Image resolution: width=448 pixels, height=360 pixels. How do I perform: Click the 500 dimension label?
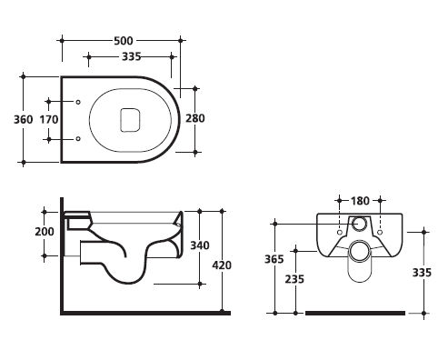124,41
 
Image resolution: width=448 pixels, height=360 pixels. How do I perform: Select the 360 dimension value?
24,119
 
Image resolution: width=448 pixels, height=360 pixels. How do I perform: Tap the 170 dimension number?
49,119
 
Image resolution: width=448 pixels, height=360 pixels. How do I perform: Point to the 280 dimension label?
195,118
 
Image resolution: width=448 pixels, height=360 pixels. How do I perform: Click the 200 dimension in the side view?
45,232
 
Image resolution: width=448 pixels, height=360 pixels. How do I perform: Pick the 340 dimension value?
200,245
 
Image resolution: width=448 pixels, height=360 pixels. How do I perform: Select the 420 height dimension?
222,265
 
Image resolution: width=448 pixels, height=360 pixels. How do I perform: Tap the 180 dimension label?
360,201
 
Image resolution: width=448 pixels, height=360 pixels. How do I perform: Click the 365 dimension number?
274,259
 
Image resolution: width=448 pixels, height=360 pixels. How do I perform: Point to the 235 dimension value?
294,279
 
